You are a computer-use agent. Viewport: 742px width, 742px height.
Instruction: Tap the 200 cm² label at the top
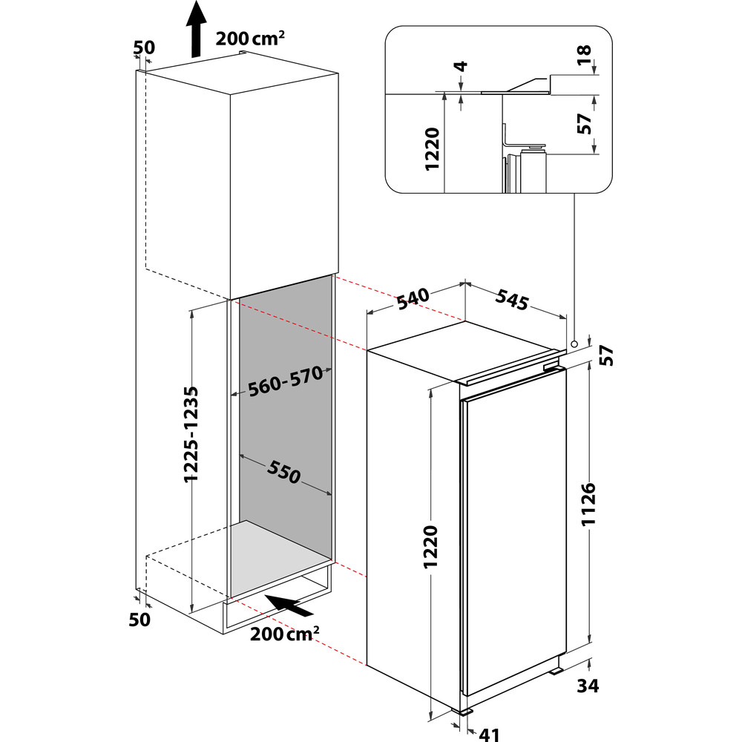(251, 39)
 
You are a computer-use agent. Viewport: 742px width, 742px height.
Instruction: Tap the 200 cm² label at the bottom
(285, 634)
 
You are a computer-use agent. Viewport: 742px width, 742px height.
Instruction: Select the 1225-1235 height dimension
(192, 434)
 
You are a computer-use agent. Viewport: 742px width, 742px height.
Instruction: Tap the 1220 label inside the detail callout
(435, 148)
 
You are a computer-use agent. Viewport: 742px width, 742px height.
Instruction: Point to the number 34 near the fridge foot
(588, 686)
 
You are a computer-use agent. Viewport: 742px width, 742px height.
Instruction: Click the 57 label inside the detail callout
(585, 124)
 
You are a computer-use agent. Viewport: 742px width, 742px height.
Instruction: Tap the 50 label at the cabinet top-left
(145, 47)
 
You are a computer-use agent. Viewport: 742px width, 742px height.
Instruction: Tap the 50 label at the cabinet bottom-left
(140, 618)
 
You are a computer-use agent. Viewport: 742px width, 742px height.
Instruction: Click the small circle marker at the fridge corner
(574, 344)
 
